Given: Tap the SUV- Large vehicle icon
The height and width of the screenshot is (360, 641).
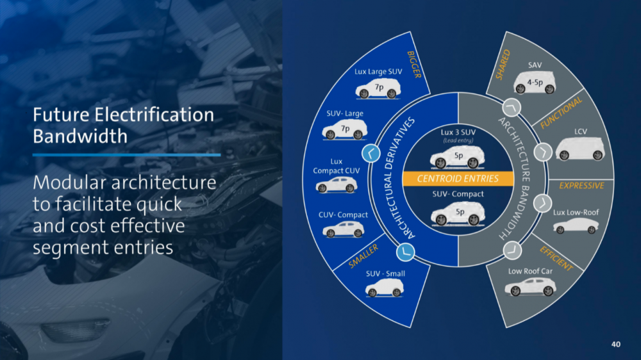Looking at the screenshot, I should (345, 131).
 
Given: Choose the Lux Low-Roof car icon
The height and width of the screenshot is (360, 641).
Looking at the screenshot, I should (575, 225).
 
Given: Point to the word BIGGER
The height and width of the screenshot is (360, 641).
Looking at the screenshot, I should (413, 65).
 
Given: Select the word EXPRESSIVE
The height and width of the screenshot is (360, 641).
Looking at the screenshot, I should (581, 186).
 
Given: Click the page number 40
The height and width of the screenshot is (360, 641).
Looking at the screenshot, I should (616, 345).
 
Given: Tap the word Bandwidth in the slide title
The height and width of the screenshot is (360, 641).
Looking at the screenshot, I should (80, 136).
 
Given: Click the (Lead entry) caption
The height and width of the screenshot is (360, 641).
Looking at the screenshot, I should (457, 140).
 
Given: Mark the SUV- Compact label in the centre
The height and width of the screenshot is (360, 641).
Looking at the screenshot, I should (457, 194).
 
